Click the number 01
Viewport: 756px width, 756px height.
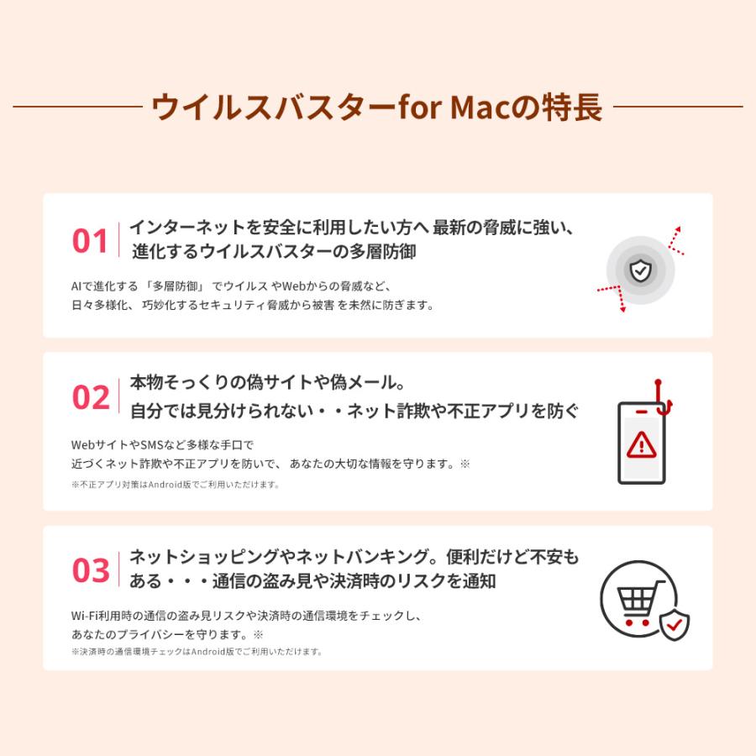(91, 241)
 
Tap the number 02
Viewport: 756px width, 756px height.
(91, 396)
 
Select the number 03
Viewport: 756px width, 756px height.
(91, 570)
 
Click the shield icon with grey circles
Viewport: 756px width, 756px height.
(640, 270)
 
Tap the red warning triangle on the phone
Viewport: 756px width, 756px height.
(642, 443)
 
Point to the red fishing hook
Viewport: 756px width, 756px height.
(663, 396)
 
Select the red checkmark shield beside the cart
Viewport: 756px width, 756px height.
(674, 625)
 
